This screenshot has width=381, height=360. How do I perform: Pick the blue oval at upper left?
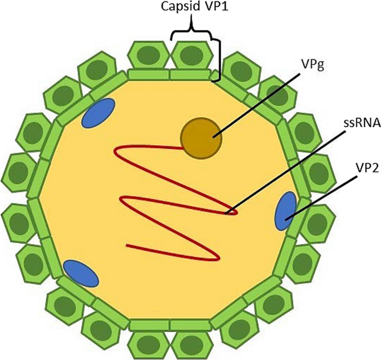[98, 112]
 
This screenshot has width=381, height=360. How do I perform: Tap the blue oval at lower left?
[81, 273]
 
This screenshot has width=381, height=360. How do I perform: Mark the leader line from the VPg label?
[250, 103]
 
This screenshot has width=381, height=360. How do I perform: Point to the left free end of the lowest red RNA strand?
[128, 245]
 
